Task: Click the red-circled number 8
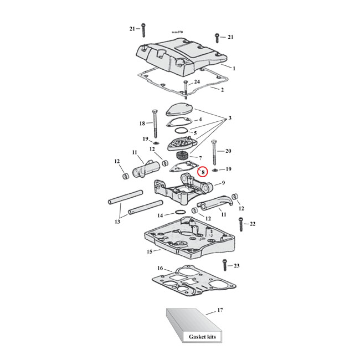point(203,172)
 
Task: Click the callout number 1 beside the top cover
point(234,68)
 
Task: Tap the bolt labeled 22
point(241,224)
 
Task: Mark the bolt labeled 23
point(224,266)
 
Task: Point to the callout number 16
point(160,269)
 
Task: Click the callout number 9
point(223,183)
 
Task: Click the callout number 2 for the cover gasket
point(223,90)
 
